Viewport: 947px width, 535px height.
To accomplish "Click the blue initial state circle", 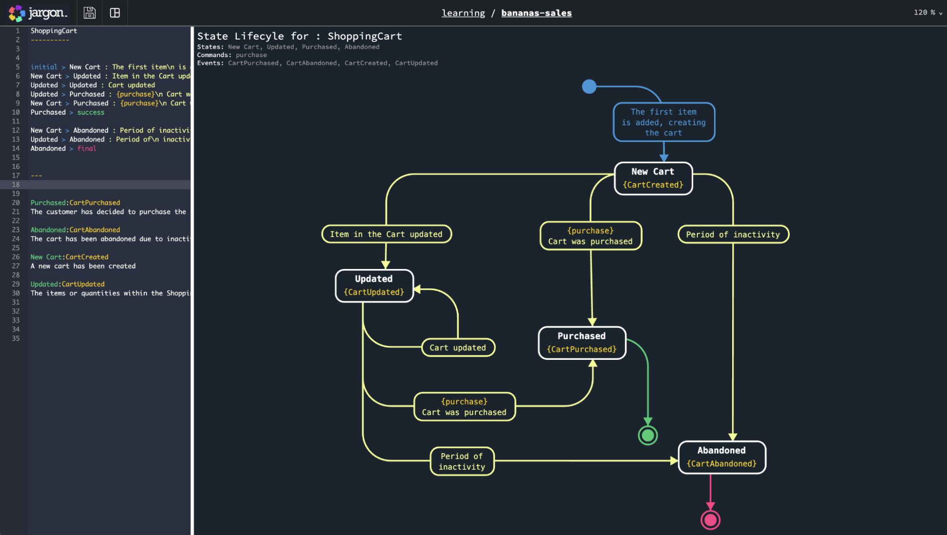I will pos(589,87).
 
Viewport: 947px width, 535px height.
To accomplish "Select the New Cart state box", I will pos(653,178).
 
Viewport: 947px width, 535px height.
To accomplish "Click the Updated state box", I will pos(374,286).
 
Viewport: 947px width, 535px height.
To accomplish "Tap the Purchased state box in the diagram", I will pos(582,343).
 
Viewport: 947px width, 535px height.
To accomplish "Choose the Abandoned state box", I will pos(722,457).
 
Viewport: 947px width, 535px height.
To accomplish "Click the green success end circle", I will pos(648,435).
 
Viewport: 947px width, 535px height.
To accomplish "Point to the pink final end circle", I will pos(710,520).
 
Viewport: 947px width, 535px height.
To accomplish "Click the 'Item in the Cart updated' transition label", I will pos(386,234).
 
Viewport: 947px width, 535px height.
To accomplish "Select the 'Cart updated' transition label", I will pos(458,347).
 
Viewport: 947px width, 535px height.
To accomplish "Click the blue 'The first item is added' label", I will pos(664,122).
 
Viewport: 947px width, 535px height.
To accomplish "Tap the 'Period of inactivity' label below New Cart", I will pos(733,234).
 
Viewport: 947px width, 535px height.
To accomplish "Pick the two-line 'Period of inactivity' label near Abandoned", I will pos(462,461).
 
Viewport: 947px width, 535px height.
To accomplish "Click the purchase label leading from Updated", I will pos(464,407).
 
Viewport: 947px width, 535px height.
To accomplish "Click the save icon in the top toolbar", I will pos(90,13).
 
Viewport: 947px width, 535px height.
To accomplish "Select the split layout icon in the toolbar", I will pos(115,13).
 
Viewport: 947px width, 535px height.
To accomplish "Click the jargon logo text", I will pos(47,13).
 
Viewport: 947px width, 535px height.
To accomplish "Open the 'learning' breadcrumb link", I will pos(463,13).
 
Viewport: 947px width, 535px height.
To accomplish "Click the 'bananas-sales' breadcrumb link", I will pos(536,13).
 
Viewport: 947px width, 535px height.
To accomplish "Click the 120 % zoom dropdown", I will pos(927,12).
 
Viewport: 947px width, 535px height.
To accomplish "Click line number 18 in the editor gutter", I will pos(16,185).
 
